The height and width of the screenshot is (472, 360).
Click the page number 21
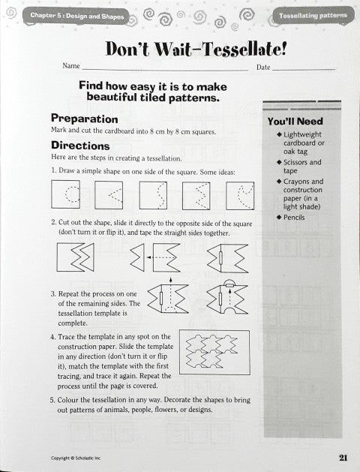click(342, 456)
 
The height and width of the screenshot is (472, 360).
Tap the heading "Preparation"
click(84, 119)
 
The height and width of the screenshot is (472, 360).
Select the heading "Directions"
click(80, 146)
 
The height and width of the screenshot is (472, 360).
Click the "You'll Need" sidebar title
click(295, 121)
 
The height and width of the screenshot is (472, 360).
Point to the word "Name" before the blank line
click(70, 67)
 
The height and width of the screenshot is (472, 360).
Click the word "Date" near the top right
click(263, 68)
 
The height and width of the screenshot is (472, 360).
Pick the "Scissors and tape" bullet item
click(303, 167)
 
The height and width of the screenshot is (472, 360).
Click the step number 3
click(52, 295)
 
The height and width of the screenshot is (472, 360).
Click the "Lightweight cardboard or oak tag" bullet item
click(303, 143)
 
